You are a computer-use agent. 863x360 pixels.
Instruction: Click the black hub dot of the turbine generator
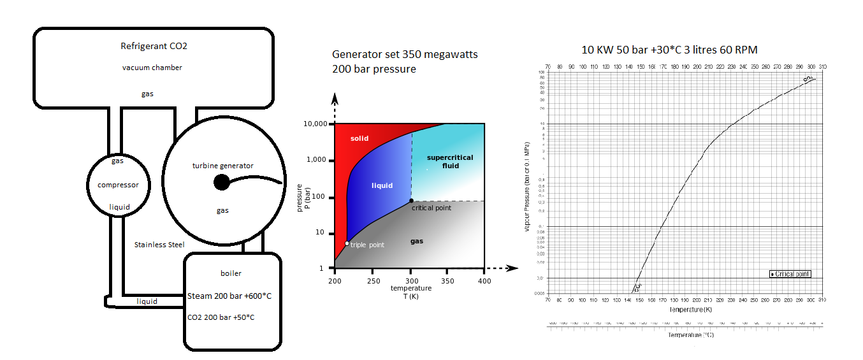[221, 183]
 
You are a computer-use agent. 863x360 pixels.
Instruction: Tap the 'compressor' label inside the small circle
[119, 185]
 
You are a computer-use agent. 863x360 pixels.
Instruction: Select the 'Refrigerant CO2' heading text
[154, 46]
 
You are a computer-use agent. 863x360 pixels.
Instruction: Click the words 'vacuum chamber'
[152, 68]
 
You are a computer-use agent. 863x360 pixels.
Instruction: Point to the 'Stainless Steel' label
[159, 245]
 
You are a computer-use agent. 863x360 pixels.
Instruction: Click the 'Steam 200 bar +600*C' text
[229, 296]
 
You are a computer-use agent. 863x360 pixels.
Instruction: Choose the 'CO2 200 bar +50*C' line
[226, 317]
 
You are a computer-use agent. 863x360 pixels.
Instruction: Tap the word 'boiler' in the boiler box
[231, 273]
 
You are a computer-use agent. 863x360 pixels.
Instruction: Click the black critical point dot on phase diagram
[411, 201]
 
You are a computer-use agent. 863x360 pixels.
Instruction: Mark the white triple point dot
[347, 243]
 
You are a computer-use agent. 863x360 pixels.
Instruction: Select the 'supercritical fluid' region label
[446, 161]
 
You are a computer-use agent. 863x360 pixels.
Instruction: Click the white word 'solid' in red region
[359, 138]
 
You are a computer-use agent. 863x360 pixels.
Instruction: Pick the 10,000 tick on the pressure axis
[314, 124]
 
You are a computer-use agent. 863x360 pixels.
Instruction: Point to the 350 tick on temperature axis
[448, 281]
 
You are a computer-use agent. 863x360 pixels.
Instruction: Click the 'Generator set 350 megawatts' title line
[405, 55]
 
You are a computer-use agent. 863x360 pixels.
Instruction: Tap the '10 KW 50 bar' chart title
[669, 50]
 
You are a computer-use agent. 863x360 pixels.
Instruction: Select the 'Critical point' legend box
[790, 274]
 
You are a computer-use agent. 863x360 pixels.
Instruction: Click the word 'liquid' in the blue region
[382, 185]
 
